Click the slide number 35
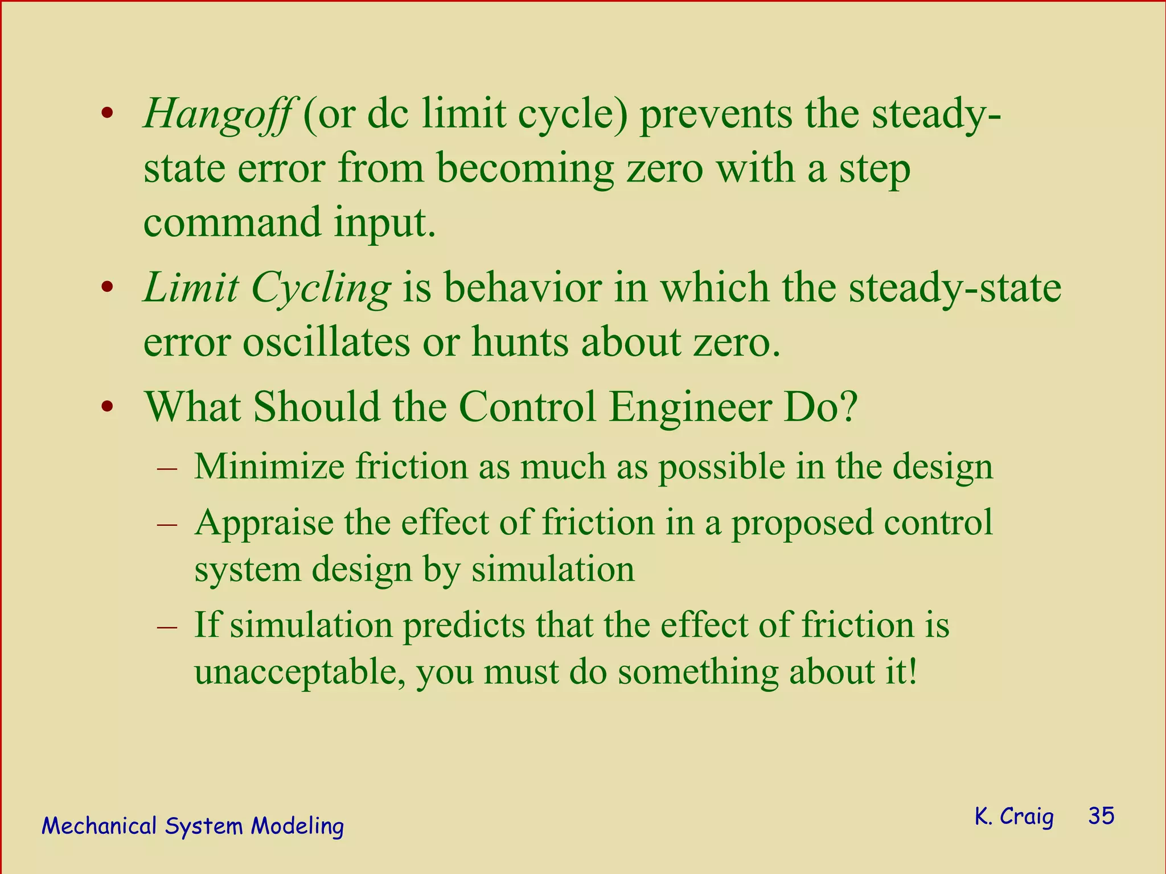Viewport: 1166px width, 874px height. (1101, 816)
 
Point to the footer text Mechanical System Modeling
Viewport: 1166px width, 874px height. (192, 826)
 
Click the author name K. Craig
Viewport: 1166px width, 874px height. (1014, 816)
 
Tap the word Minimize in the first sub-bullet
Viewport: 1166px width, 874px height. (269, 467)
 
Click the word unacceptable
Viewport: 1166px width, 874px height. (299, 673)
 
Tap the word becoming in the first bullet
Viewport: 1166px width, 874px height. (525, 170)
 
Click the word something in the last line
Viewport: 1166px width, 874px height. (697, 671)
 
